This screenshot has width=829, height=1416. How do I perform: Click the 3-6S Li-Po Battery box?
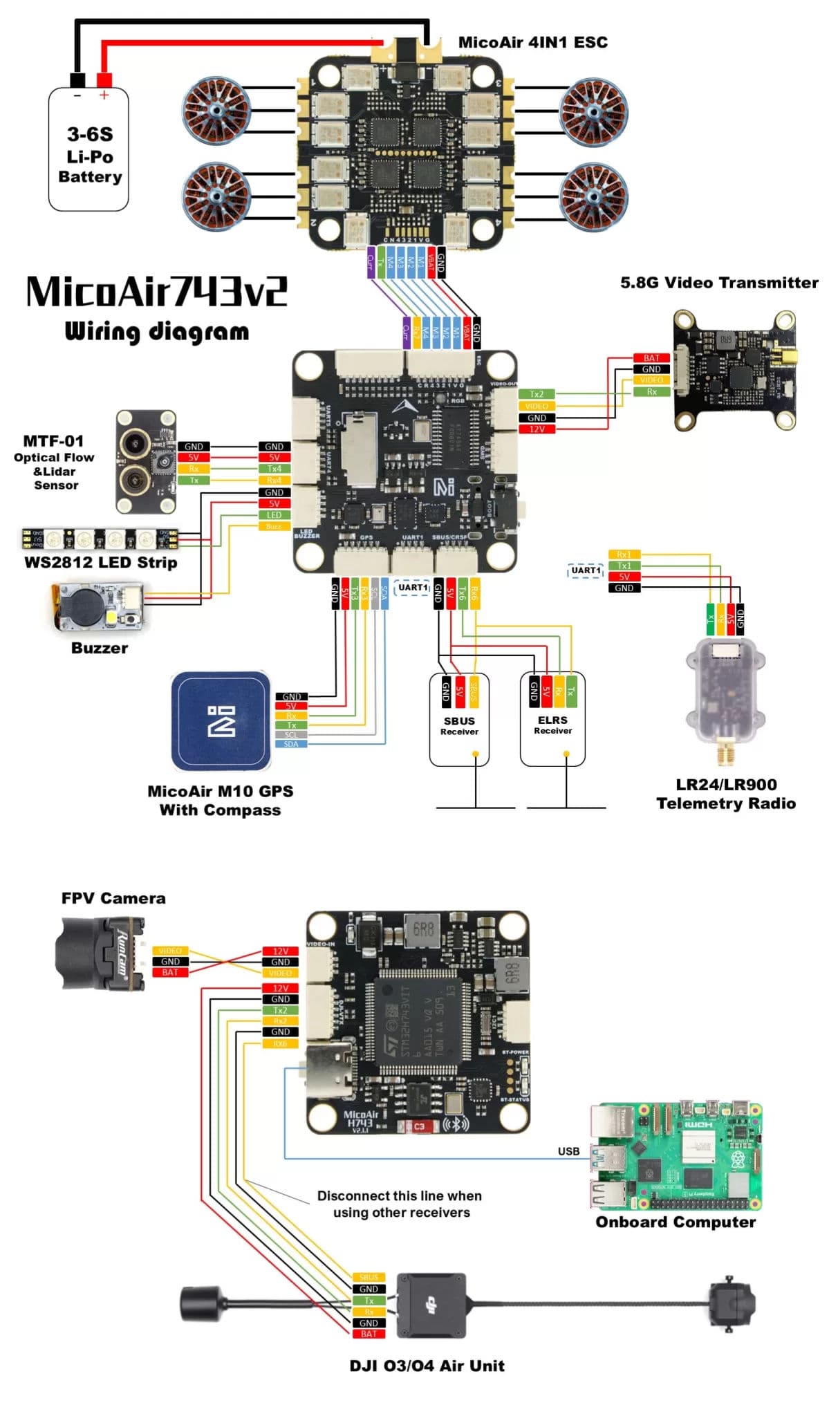[x=89, y=152]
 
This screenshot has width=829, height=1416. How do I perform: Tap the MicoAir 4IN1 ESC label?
[x=532, y=42]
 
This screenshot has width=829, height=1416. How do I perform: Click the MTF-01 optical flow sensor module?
[x=145, y=461]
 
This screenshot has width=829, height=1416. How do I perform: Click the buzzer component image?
[x=97, y=606]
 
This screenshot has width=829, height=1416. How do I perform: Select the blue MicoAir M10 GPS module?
[x=221, y=720]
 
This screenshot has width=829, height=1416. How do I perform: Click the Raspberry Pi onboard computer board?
[x=676, y=1155]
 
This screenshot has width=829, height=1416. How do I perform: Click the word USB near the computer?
[x=568, y=1151]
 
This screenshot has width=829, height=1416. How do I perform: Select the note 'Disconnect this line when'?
[x=399, y=1195]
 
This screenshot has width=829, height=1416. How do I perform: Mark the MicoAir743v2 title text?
[x=156, y=292]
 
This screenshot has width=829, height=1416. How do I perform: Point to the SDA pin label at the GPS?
[x=291, y=744]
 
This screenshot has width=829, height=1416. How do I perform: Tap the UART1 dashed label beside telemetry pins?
[x=586, y=570]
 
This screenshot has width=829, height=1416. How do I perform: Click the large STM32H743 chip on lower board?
[x=417, y=1022]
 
